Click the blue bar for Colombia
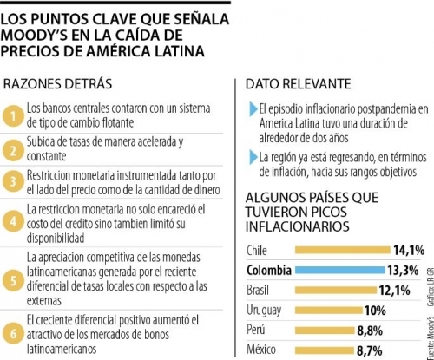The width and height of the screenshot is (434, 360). [x=340, y=271]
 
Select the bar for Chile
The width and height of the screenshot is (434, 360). [x=343, y=250]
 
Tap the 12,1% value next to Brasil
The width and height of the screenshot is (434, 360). [x=395, y=290]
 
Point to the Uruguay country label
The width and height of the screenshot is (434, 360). [x=264, y=311]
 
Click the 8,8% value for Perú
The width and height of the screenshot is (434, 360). [x=370, y=331]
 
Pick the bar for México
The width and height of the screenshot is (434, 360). [x=325, y=350]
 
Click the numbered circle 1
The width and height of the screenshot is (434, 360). [x=13, y=116]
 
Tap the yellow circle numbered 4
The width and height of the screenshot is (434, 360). [x=13, y=221]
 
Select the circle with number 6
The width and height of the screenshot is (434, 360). [x=13, y=334]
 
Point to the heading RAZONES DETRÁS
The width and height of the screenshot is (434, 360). [x=57, y=84]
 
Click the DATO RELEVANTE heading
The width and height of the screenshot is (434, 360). [x=299, y=84]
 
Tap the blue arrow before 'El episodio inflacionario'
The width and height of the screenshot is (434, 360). [x=253, y=109]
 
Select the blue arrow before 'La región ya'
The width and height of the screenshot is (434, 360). [x=253, y=158]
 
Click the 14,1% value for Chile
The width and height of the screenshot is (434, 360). [x=409, y=250]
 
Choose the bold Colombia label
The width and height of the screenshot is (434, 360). [x=269, y=271]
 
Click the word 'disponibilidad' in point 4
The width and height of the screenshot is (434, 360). [x=56, y=238]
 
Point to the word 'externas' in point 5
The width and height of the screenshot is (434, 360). [x=44, y=300]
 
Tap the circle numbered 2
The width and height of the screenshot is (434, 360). [x=13, y=150]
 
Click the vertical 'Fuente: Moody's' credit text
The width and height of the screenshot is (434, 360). [x=431, y=337]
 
